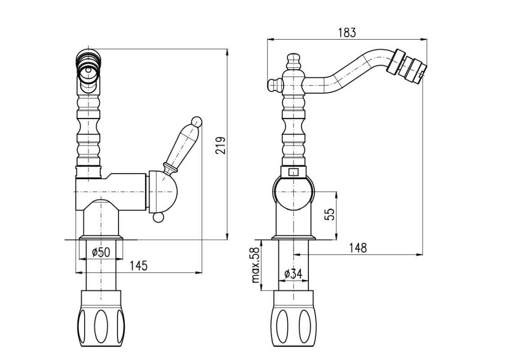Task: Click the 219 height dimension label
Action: click(x=220, y=145)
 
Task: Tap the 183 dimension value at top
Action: click(x=347, y=32)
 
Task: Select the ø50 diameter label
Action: click(x=100, y=252)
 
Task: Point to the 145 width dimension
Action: click(x=139, y=266)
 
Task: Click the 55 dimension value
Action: click(x=330, y=214)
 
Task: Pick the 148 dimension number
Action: click(x=358, y=248)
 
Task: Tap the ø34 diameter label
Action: click(x=293, y=274)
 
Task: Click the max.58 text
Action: click(x=256, y=265)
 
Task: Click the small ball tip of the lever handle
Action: click(x=197, y=121)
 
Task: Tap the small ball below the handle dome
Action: click(x=158, y=217)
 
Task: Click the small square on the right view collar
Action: click(x=293, y=172)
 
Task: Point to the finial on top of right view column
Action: click(x=293, y=61)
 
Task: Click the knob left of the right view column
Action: click(x=273, y=84)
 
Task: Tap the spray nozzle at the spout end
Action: click(x=409, y=67)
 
